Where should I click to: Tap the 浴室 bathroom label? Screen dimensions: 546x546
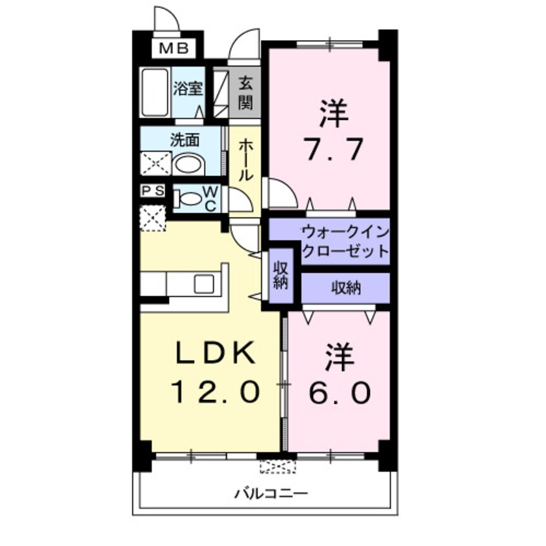click(189, 89)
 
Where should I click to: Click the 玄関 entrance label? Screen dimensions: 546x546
click(245, 92)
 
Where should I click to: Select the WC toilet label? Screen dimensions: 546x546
click(210, 198)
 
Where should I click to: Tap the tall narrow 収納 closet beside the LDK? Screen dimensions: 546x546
click(281, 276)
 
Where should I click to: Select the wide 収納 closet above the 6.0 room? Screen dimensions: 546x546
click(346, 287)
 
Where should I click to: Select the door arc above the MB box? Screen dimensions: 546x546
click(167, 19)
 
